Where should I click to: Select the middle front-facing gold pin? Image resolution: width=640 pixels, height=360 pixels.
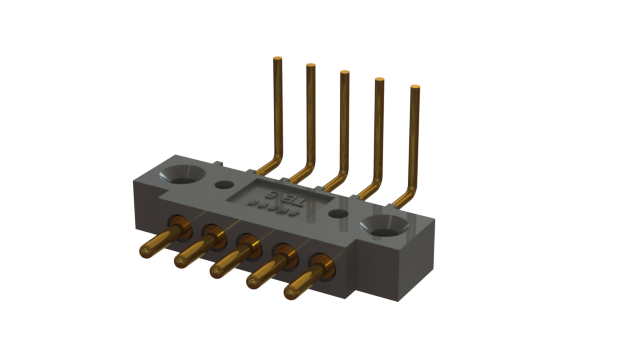click(217, 267)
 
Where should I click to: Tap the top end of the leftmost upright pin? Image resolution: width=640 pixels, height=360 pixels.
click(276, 62)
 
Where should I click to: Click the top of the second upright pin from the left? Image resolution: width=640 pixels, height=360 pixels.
click(310, 66)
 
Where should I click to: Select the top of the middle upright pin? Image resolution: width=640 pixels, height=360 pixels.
click(344, 73)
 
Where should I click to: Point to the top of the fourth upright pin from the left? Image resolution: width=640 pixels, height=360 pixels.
click(379, 81)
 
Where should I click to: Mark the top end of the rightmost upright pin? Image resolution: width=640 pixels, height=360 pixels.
click(415, 89)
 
